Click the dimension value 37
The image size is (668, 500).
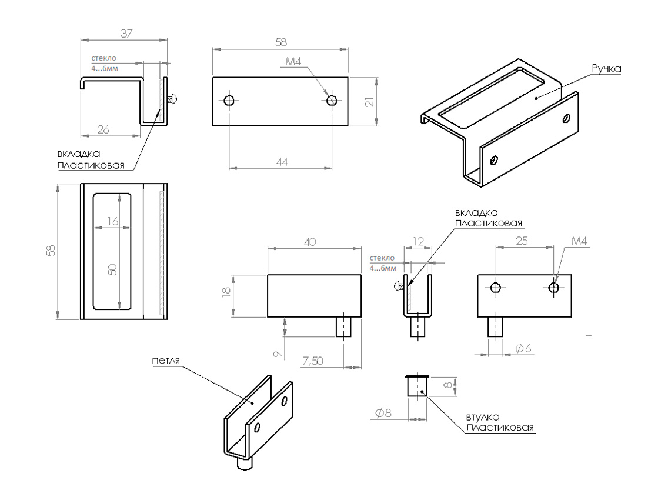point(125,34)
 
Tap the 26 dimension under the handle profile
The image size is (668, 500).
point(103,130)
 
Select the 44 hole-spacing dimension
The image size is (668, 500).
point(282,161)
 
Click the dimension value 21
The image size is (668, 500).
point(369,101)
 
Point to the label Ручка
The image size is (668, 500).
point(606,69)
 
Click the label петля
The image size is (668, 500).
point(165,361)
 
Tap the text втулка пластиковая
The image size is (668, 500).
point(500,422)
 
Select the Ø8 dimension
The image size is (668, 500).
point(383,413)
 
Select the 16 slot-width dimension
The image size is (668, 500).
point(113,221)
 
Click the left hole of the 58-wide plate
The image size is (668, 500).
point(229,101)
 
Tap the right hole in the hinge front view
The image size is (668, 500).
point(553,287)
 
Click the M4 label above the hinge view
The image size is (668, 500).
point(579,241)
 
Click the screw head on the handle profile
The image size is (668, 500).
point(173,100)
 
